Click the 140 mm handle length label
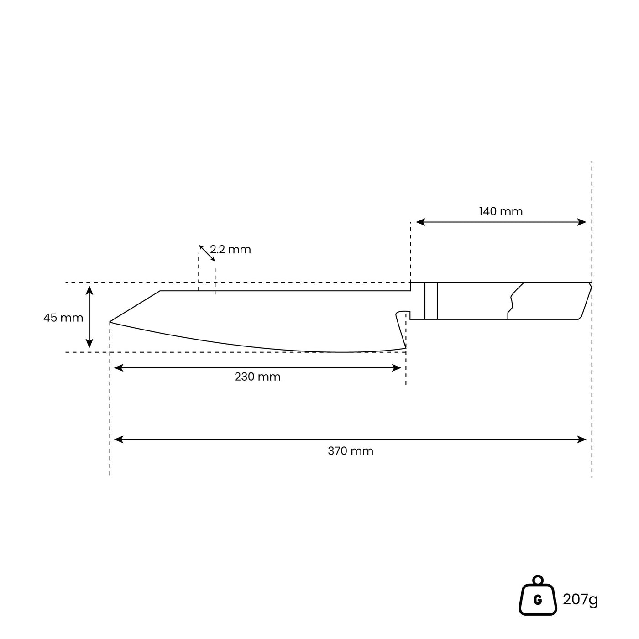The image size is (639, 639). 501,212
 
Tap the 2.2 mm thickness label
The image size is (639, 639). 230,250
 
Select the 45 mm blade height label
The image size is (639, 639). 63,318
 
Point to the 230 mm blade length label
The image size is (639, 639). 257,377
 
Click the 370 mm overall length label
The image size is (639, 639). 350,451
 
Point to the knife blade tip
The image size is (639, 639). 111,322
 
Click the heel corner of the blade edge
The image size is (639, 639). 405,348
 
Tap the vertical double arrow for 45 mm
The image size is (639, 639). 89,317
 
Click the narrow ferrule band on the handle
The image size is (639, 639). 431,301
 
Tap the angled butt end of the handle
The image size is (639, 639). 585,301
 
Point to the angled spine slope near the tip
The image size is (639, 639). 136,306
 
